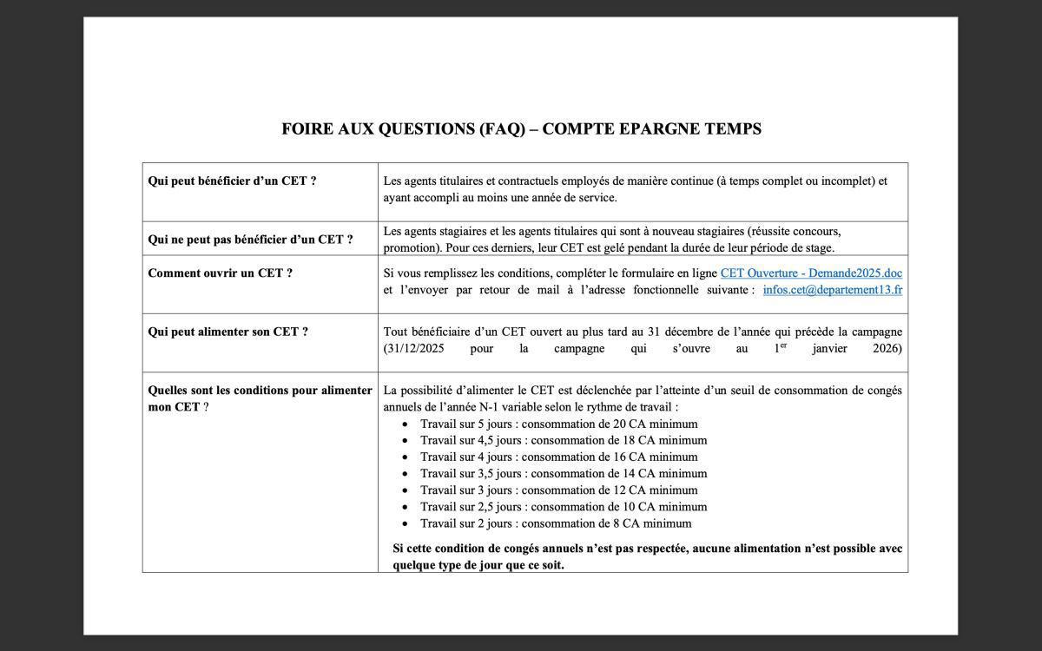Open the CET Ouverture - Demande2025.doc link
[811, 273]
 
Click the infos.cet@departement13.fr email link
[832, 290]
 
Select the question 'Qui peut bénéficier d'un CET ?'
[232, 181]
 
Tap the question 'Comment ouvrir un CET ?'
[220, 273]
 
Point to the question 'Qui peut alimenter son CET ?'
[228, 332]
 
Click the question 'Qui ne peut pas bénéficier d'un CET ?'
[250, 240]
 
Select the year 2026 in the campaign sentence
[887, 348]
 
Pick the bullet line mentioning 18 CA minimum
[564, 440]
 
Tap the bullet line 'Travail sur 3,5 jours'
[564, 473]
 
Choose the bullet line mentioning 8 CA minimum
[556, 523]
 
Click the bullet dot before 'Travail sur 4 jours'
[405, 457]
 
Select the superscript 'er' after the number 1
[783, 345]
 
